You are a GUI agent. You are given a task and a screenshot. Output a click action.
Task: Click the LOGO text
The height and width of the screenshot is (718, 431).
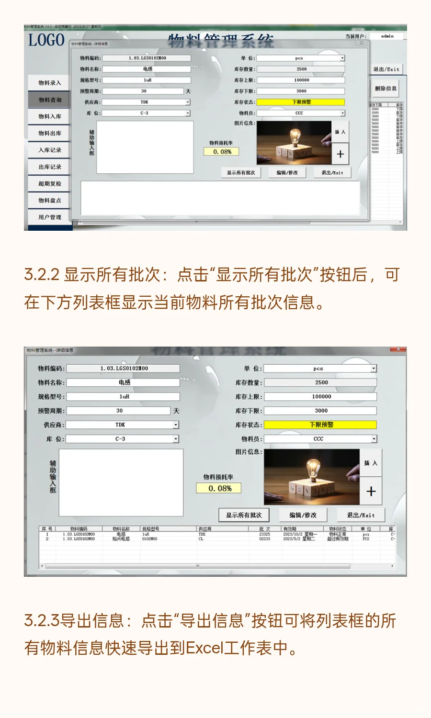[46, 40]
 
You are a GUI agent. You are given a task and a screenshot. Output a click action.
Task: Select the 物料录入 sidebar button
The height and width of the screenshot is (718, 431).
[50, 83]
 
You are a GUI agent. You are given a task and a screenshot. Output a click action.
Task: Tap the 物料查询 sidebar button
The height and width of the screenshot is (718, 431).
[50, 100]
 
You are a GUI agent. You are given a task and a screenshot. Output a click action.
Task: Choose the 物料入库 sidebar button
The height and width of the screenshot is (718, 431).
[50, 116]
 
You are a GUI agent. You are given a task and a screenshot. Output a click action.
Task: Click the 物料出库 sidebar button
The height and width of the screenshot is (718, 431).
[50, 133]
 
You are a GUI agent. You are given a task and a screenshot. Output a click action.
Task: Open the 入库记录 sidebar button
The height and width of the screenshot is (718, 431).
[50, 150]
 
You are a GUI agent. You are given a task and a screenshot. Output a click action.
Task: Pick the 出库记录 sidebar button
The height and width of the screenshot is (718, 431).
[50, 167]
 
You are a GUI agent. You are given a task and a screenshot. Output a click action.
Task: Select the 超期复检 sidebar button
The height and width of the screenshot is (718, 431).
[50, 183]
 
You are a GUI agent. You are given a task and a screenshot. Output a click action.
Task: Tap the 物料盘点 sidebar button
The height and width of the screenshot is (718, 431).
[50, 200]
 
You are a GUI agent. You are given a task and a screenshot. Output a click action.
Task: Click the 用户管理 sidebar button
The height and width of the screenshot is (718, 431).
[50, 217]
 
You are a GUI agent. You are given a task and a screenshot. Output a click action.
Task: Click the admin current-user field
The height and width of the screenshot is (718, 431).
[387, 36]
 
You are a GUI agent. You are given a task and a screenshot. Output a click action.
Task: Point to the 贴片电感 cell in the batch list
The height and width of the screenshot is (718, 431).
[121, 539]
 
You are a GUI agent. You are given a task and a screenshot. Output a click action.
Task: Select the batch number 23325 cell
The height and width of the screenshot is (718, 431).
[264, 534]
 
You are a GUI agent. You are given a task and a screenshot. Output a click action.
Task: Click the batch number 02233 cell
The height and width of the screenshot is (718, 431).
[264, 539]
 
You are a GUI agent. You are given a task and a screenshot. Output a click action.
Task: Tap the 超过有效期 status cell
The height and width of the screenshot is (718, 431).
[338, 539]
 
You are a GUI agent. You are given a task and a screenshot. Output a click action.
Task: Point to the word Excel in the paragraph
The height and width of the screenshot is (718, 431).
[204, 648]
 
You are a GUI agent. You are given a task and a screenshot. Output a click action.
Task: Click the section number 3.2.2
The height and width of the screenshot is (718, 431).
[42, 275]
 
